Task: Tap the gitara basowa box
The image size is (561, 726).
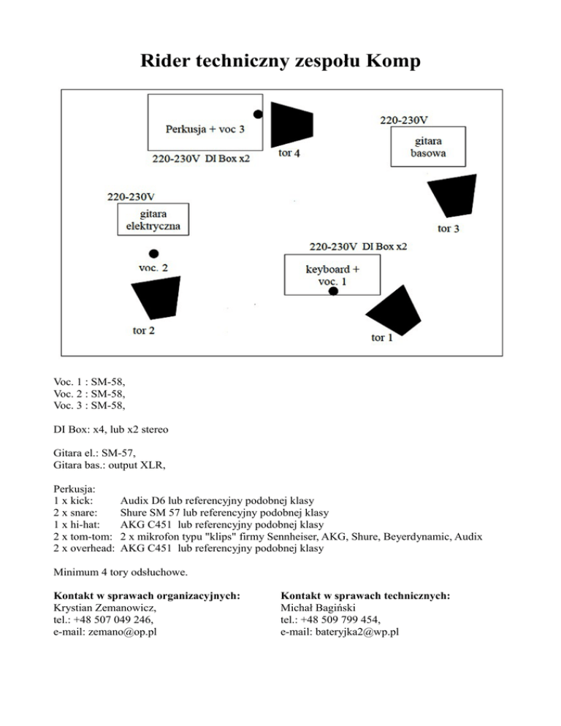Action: click(x=427, y=147)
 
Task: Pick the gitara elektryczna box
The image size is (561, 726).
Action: click(x=153, y=220)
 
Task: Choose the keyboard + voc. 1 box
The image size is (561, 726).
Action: click(x=332, y=275)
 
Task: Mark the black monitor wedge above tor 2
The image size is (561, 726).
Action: click(x=155, y=299)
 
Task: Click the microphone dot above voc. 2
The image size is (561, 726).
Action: click(x=153, y=253)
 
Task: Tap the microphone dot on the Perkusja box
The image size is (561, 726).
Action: click(x=258, y=114)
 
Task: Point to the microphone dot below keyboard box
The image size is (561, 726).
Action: click(x=333, y=291)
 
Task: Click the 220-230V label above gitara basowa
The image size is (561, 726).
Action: click(x=404, y=118)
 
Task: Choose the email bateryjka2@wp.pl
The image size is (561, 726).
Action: click(x=339, y=633)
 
